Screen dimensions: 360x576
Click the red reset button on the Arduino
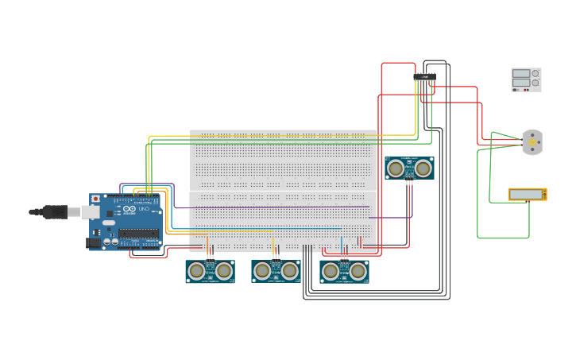(96, 199)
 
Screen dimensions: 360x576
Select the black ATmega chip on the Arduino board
(138, 234)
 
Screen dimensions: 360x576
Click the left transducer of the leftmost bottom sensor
(197, 271)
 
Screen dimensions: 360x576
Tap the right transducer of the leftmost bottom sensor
(223, 271)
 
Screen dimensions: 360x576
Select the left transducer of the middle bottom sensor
(263, 271)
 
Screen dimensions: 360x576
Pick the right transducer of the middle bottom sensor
(289, 271)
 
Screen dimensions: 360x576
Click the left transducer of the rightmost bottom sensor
(331, 271)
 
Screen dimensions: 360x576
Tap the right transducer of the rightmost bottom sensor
(358, 271)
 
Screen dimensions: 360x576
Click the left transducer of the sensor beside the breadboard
(396, 168)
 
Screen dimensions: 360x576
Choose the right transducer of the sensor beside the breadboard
(423, 168)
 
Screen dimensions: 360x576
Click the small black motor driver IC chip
(424, 77)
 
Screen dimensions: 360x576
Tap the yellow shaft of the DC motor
(531, 143)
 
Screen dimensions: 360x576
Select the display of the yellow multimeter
(526, 194)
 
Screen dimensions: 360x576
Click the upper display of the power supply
(520, 73)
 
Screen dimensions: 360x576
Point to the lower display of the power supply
(520, 82)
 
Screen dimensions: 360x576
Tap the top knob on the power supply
(535, 73)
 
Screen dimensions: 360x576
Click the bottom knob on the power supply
(535, 83)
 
